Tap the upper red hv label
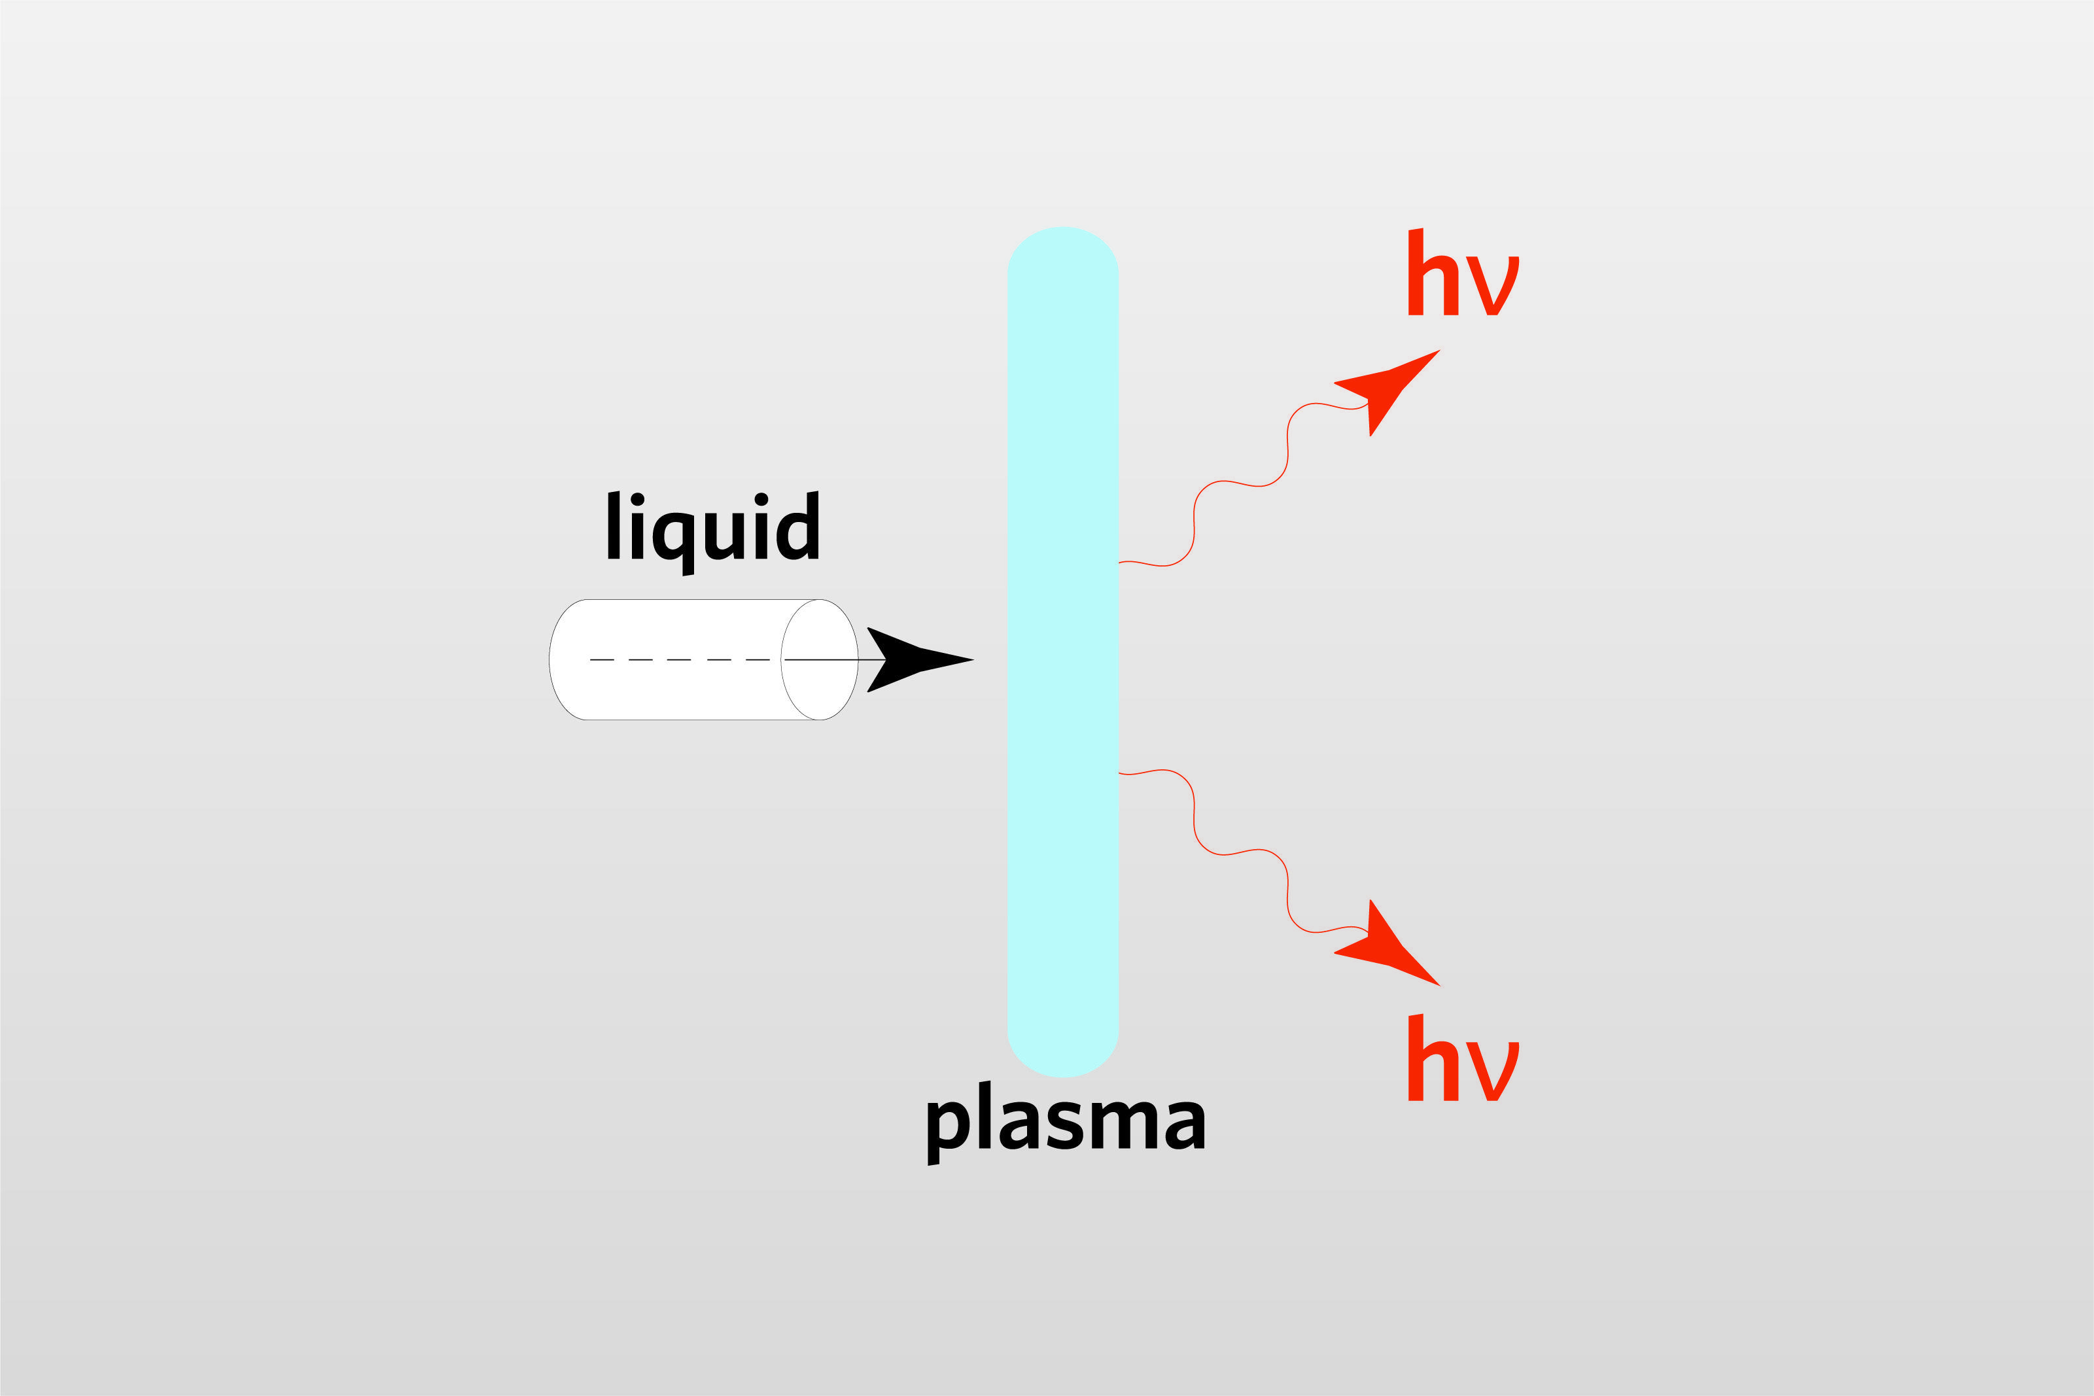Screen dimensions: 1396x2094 pyautogui.click(x=1462, y=274)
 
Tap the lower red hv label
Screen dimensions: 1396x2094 pyautogui.click(x=1462, y=1060)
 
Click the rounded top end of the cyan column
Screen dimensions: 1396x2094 pyautogui.click(x=1062, y=249)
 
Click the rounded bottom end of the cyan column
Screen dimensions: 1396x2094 pyautogui.click(x=1062, y=1055)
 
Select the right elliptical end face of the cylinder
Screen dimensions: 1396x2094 pyautogui.click(x=819, y=659)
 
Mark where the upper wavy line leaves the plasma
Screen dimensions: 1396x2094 pyautogui.click(x=1119, y=563)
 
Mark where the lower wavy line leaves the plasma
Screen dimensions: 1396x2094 pyautogui.click(x=1119, y=773)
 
